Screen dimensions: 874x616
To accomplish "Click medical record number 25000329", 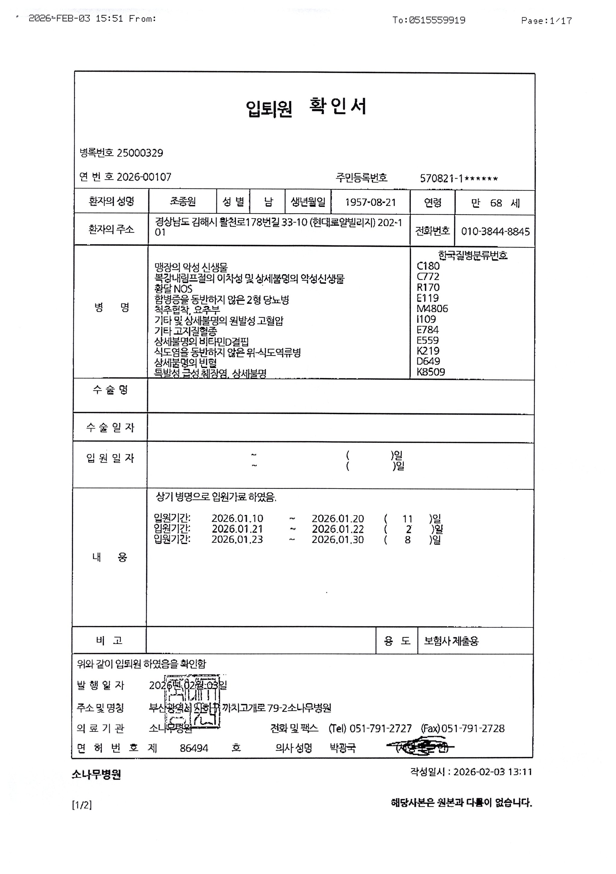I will point(140,153).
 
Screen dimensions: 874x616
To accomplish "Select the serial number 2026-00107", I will point(144,177).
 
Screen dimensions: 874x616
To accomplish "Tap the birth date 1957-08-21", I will point(370,203).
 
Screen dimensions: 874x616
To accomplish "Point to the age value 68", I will point(496,203).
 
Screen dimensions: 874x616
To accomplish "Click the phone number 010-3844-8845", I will point(495,231).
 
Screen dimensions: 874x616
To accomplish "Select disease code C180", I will point(428,266).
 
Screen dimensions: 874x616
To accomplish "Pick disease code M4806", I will point(433,309).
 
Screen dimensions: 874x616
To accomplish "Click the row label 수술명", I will point(110,390).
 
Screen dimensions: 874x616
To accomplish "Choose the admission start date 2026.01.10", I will point(237,518).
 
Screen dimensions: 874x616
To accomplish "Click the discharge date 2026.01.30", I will point(337,540).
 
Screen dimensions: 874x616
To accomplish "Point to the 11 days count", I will point(408,519).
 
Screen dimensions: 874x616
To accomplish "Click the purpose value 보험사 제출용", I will point(451,641).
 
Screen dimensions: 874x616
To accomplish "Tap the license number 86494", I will point(194,748).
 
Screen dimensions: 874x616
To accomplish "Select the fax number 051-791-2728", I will point(473,729).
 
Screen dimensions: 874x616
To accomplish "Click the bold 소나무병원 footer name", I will point(96,775).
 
